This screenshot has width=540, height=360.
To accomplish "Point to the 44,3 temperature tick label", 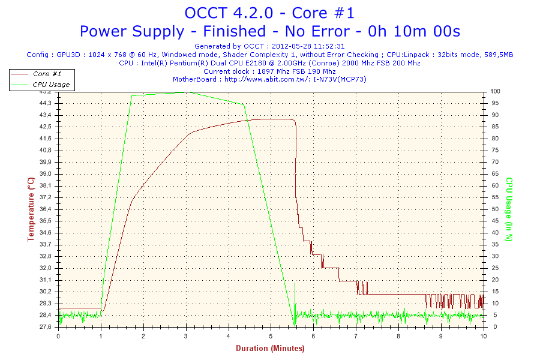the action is coord(46,103).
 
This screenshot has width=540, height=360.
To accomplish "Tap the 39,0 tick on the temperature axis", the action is coord(46,173).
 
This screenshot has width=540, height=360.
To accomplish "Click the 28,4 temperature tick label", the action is coord(46,315).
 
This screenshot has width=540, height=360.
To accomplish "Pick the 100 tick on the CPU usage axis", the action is coord(495,91).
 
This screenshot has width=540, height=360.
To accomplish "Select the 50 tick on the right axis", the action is coord(495,209).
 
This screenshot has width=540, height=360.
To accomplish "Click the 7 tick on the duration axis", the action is coord(356,336).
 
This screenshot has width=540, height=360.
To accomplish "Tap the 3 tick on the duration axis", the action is coord(186,336).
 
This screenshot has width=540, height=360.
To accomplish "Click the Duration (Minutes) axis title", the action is coord(271,348).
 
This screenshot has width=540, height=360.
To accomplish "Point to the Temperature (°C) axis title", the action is coord(31,209).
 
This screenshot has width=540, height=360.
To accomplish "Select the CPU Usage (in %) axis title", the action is coord(509,209).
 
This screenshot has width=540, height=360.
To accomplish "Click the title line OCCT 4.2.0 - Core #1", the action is coord(269,13).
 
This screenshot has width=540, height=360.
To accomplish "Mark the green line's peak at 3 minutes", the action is coord(186,92).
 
